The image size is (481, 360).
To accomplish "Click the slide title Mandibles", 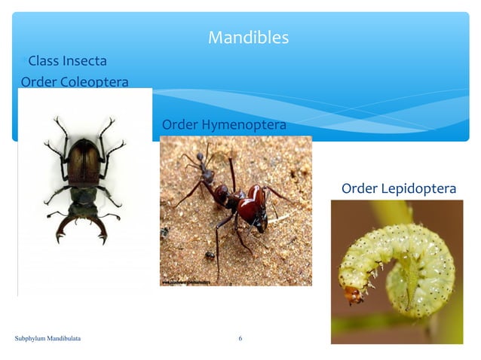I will (x=248, y=37).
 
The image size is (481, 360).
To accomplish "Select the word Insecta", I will (x=84, y=60).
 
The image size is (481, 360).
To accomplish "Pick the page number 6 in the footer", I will (x=240, y=339).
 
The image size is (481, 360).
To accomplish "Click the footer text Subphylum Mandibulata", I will (x=48, y=339).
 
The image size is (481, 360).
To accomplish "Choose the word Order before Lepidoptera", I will (x=359, y=188).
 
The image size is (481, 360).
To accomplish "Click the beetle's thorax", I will (x=83, y=195).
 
